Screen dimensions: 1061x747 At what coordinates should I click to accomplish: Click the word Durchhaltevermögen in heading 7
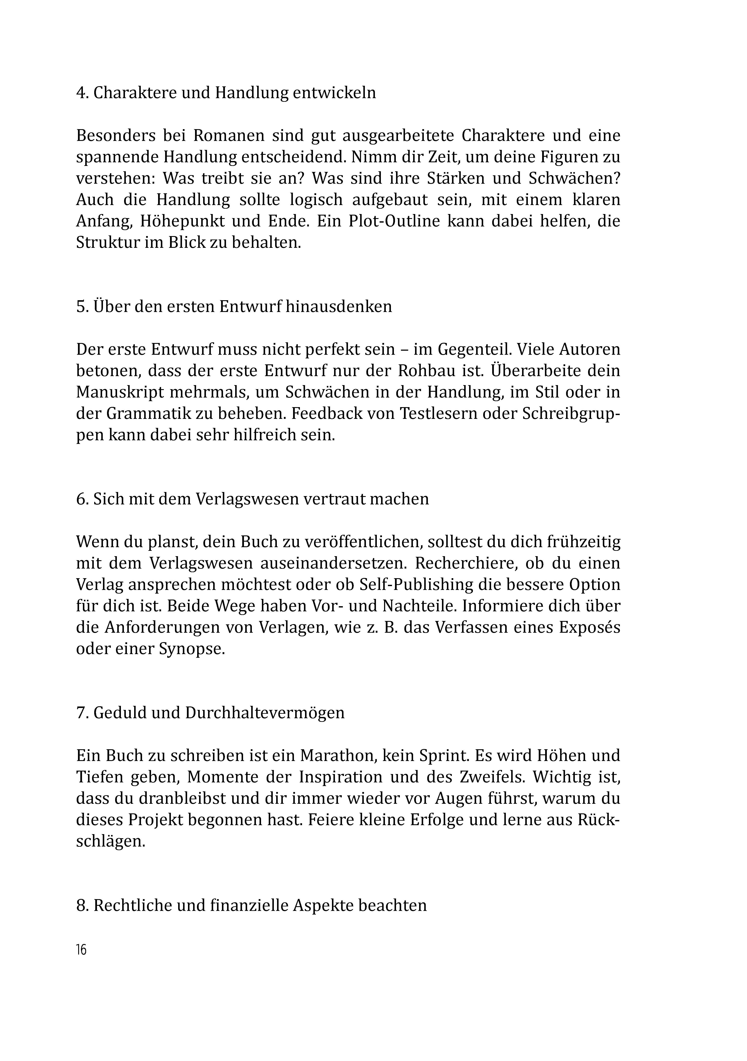click(x=264, y=712)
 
